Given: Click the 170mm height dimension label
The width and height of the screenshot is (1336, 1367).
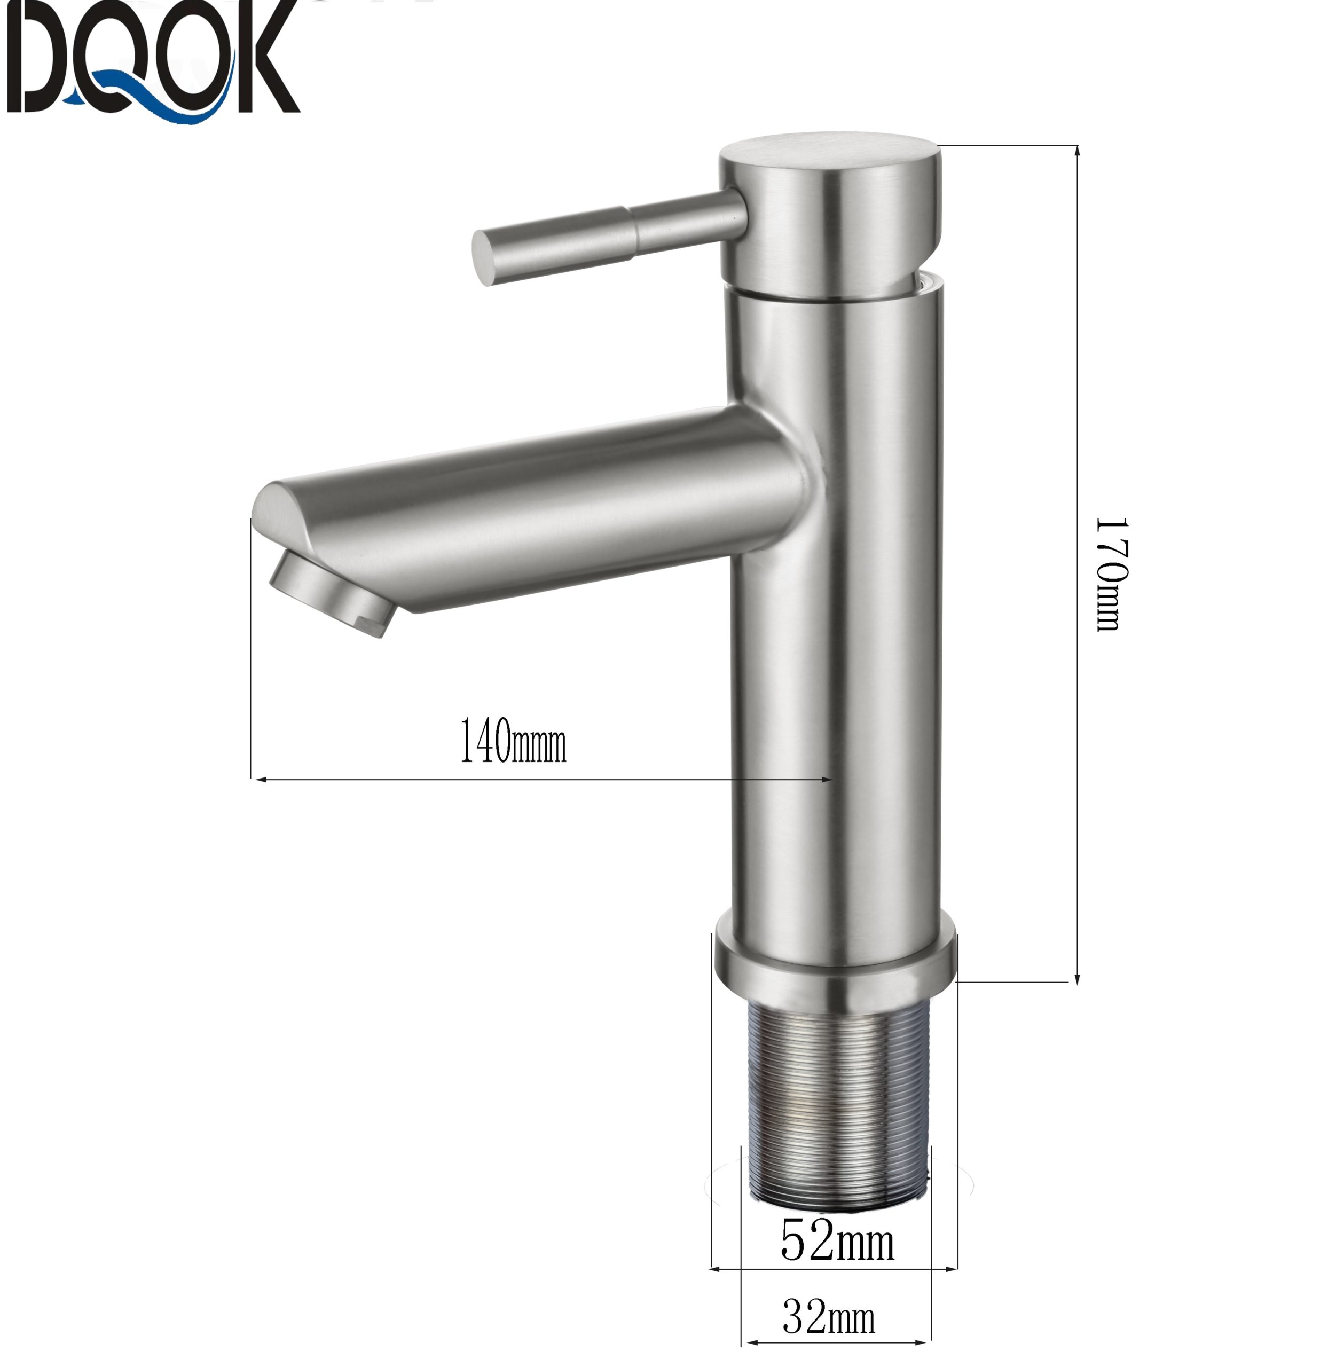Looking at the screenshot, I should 1110,574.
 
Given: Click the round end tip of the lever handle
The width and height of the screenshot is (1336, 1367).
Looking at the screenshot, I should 483,257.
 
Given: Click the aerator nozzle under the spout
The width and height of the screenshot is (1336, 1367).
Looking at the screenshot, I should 330,590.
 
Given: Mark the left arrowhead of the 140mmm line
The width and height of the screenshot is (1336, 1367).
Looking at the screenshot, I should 258,778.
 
